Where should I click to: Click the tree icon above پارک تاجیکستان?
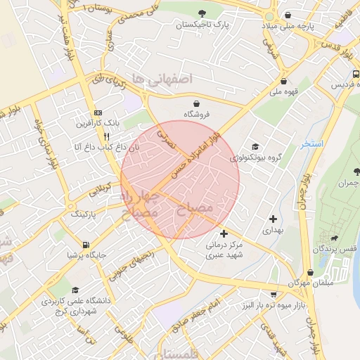click(202, 13)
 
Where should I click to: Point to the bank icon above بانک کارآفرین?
click(98, 112)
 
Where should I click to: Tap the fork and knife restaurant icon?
click(107, 135)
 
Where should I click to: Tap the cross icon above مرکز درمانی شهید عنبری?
click(224, 233)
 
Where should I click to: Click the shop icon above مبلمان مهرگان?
click(309, 272)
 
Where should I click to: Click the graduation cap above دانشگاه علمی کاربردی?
click(75, 290)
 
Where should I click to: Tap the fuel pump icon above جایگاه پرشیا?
click(86, 245)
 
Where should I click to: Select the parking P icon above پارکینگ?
click(72, 206)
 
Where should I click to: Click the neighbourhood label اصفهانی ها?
click(167, 79)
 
